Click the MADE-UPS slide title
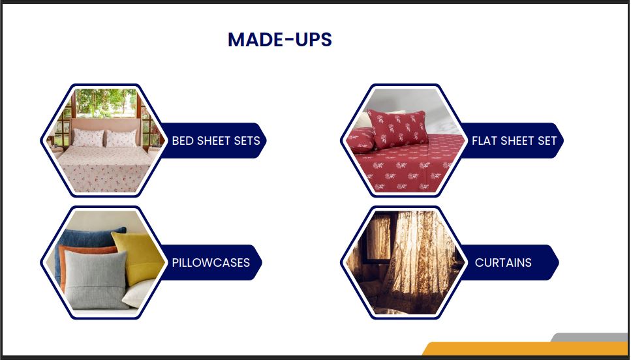[280, 39]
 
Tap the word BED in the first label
[181, 141]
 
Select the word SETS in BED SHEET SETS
[247, 141]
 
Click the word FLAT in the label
[482, 141]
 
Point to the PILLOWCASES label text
[211, 263]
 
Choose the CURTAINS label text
[503, 263]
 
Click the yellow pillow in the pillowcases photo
[139, 258]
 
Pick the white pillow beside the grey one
[138, 293]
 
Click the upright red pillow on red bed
[397, 128]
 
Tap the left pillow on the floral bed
[87, 138]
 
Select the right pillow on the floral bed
[121, 138]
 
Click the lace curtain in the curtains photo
[418, 262]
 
